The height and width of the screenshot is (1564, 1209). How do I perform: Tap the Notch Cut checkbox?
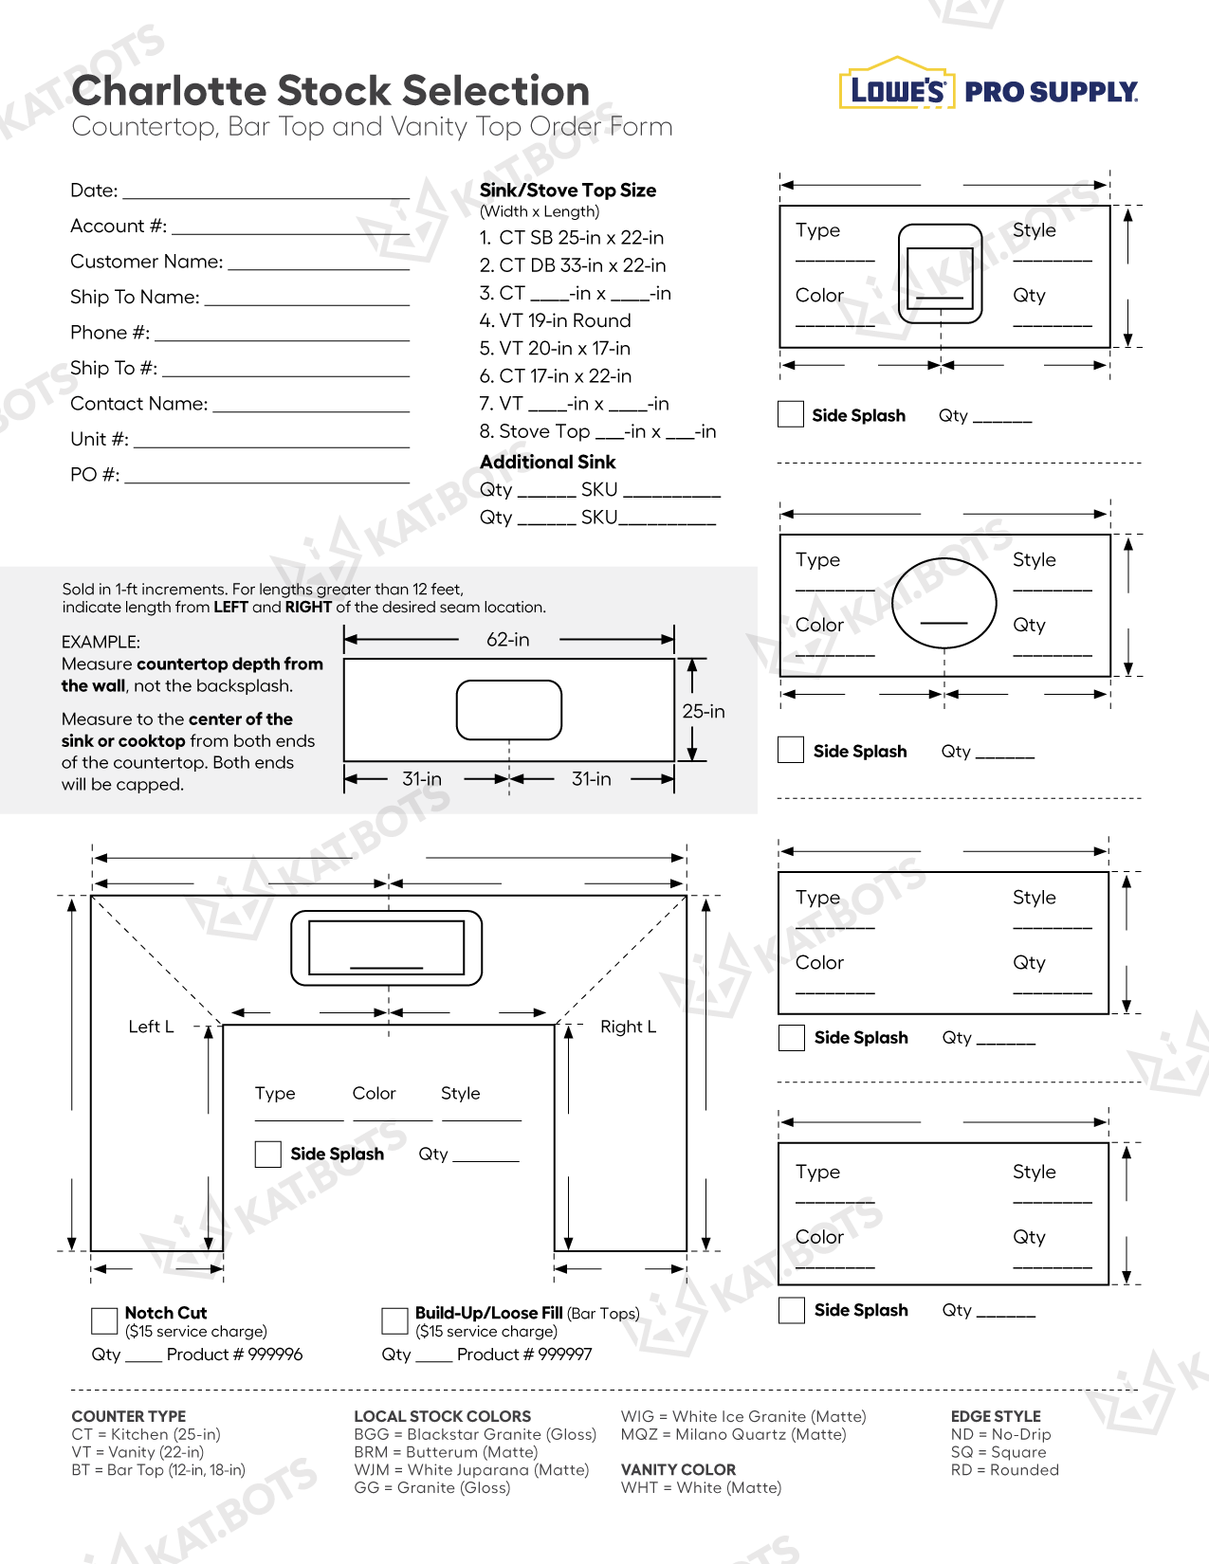[x=104, y=1320]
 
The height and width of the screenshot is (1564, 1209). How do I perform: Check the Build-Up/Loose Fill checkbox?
[x=394, y=1320]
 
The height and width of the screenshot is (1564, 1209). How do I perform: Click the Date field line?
[x=266, y=196]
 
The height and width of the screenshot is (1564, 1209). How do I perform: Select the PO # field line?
[x=266, y=481]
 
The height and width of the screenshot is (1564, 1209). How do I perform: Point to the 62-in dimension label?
[x=508, y=640]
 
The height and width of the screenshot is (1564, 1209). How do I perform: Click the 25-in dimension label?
[x=704, y=711]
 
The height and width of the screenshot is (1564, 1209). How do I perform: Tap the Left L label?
[x=151, y=1027]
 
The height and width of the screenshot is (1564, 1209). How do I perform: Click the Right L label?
[x=628, y=1027]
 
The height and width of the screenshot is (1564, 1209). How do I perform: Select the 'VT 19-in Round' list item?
[x=556, y=320]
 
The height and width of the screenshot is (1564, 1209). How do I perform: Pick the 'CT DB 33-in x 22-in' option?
[x=573, y=265]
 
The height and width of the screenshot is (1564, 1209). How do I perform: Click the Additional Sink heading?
[x=547, y=462]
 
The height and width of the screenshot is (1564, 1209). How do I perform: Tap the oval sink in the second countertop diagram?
[x=944, y=602]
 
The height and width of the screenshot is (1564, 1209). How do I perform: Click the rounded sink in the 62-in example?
[x=509, y=709]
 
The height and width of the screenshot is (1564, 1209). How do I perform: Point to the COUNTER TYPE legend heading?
[x=129, y=1416]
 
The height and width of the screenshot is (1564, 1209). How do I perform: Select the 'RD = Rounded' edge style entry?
[x=1005, y=1470]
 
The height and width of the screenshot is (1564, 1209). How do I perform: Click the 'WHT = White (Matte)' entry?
[x=702, y=1488]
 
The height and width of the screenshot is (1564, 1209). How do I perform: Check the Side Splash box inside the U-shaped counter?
[x=268, y=1154]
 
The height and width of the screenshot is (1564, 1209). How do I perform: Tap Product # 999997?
[x=524, y=1355]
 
